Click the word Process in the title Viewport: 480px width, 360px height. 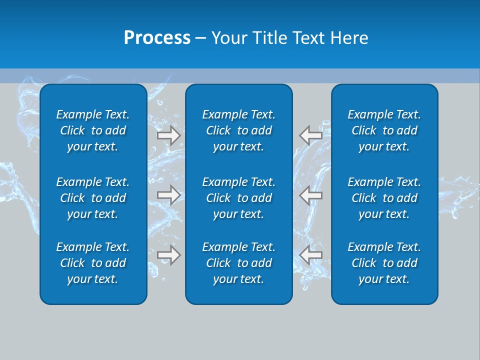(x=157, y=38)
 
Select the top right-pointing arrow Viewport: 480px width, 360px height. (x=169, y=135)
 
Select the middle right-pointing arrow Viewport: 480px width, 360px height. (x=169, y=195)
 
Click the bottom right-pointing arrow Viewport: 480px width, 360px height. (x=169, y=255)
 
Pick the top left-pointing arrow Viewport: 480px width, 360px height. (x=311, y=135)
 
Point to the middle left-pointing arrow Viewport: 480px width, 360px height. (x=311, y=195)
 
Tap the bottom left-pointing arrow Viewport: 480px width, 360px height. (x=311, y=255)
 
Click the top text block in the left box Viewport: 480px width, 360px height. (x=93, y=130)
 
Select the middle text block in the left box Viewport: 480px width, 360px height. (x=93, y=198)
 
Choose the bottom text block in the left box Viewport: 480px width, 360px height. (x=93, y=263)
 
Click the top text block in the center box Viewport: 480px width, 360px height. (x=239, y=130)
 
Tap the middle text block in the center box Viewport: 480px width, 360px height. (x=239, y=198)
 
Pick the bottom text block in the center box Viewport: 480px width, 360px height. (x=239, y=263)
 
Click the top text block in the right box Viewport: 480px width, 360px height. (x=384, y=130)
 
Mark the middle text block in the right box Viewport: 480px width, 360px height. (x=384, y=198)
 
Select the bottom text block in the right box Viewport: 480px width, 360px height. (x=384, y=263)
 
